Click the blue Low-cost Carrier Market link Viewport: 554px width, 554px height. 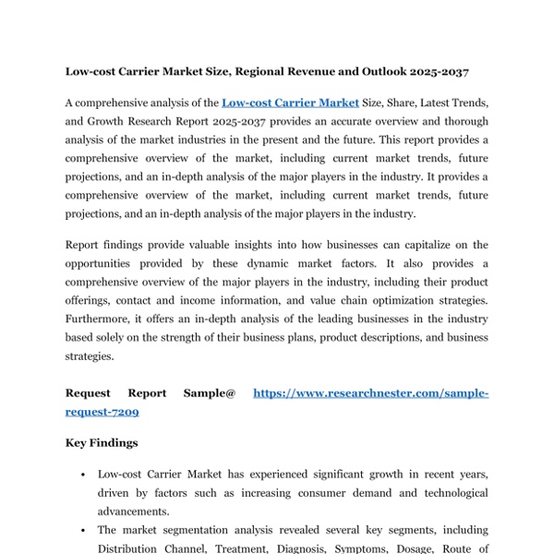coord(290,103)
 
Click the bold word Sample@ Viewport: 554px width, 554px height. coord(210,393)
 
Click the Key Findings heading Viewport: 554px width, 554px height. coord(102,443)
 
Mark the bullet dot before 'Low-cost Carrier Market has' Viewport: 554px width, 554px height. coord(84,475)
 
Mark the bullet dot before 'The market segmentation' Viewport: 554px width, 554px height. coord(84,531)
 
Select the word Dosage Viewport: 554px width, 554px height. coord(424,548)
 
